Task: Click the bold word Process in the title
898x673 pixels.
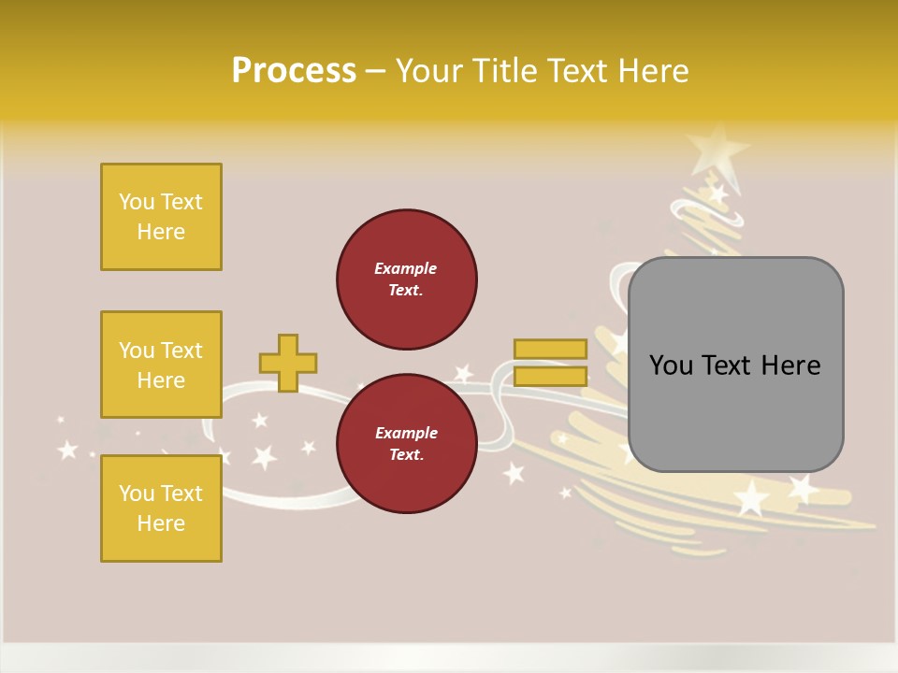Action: pos(294,70)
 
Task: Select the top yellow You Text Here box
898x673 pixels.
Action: pos(161,217)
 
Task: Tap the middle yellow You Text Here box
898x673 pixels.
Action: pos(161,365)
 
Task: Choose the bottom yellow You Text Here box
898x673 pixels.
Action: pos(161,508)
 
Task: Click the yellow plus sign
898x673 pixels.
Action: pos(288,363)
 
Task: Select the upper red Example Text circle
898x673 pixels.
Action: pos(406,279)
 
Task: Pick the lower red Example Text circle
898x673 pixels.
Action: pos(406,444)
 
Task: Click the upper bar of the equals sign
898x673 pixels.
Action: pos(550,349)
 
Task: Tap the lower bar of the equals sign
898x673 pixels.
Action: pos(550,376)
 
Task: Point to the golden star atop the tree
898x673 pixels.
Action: pos(717,150)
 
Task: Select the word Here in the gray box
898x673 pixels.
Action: pos(790,365)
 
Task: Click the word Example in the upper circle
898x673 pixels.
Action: pos(406,268)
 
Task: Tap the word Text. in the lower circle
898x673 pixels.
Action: pos(406,454)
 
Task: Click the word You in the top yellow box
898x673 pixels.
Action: pos(137,202)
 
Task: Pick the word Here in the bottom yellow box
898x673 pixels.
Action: pos(161,523)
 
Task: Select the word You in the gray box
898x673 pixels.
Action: pos(672,365)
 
